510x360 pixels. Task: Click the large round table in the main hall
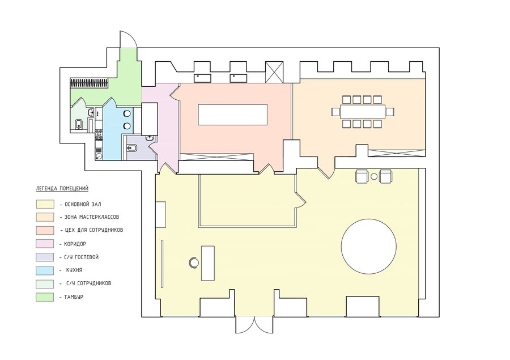(368, 246)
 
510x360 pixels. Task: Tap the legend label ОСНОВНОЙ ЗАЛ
(83, 205)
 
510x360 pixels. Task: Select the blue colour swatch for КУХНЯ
(45, 270)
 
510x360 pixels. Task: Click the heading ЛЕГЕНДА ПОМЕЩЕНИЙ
(62, 188)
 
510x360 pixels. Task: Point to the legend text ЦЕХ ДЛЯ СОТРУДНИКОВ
(94, 230)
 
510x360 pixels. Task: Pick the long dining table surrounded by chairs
(363, 112)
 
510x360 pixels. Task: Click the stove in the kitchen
(99, 134)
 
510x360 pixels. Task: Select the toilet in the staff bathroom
(79, 125)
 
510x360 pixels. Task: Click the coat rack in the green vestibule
(90, 83)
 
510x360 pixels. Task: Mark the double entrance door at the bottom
(254, 324)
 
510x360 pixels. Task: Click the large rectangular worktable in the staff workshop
(232, 115)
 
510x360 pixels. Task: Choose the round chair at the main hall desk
(194, 262)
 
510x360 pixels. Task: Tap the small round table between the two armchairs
(374, 176)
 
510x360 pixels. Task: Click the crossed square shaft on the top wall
(274, 72)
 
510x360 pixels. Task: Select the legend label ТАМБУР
(74, 297)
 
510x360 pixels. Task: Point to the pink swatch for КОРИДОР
(45, 244)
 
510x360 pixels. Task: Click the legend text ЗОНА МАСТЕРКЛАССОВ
(91, 217)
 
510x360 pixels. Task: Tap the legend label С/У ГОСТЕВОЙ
(82, 257)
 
